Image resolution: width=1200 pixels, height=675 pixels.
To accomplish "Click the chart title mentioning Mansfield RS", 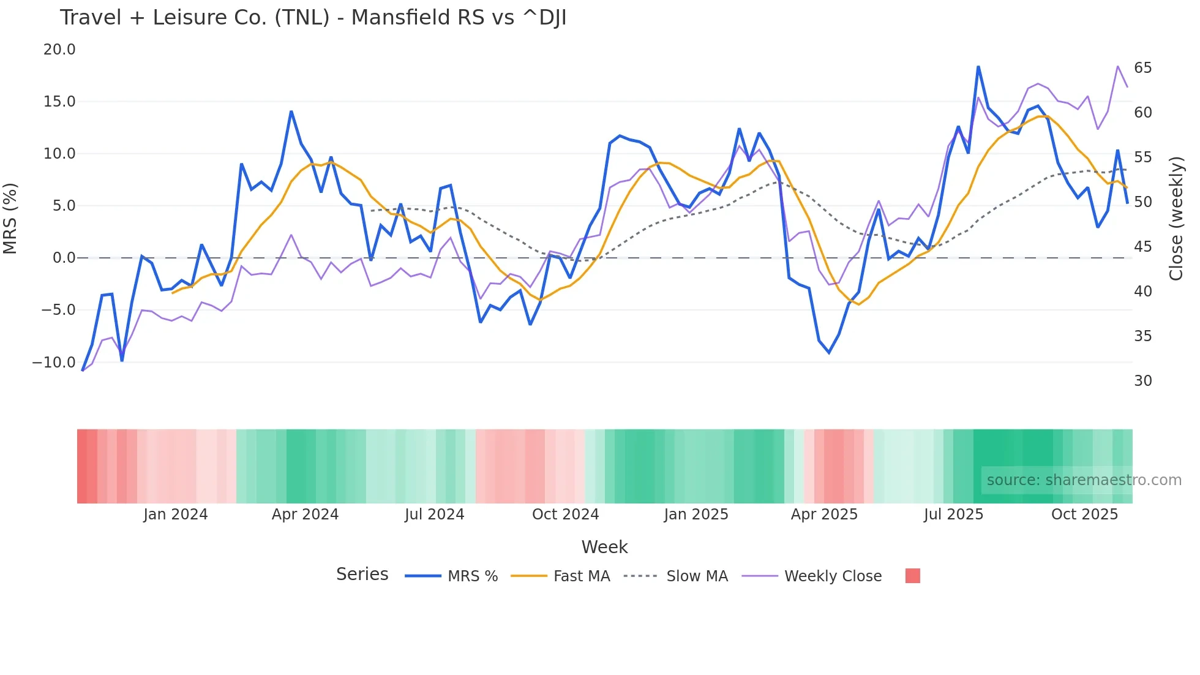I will pyautogui.click(x=313, y=18).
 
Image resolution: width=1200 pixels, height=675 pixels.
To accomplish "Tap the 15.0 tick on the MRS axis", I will pyautogui.click(x=59, y=102).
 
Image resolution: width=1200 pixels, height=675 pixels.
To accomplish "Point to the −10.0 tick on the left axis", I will pyautogui.click(x=54, y=362).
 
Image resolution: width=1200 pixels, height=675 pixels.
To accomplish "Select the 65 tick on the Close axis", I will pyautogui.click(x=1142, y=68).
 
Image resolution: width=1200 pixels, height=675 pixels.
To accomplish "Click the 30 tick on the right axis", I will pyautogui.click(x=1142, y=381).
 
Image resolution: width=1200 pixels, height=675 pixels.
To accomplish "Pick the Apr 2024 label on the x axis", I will pyautogui.click(x=305, y=515).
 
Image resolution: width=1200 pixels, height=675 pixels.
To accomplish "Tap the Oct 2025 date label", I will pyautogui.click(x=1084, y=515).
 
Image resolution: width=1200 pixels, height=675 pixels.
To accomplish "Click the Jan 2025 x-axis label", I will pyautogui.click(x=696, y=515).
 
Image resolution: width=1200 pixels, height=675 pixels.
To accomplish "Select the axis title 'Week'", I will pyautogui.click(x=604, y=547).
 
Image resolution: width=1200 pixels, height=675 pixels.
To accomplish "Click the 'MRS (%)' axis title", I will pyautogui.click(x=10, y=218).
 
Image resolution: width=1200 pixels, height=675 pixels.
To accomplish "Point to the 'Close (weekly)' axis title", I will pyautogui.click(x=1176, y=219).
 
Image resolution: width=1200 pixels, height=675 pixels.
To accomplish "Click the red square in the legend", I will pyautogui.click(x=912, y=576).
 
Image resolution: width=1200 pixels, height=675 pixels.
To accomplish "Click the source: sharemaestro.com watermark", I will pyautogui.click(x=1084, y=480).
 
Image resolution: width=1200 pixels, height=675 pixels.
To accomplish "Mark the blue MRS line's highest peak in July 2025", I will pyautogui.click(x=978, y=67).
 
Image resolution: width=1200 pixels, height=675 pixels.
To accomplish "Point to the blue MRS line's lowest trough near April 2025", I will pyautogui.click(x=829, y=353).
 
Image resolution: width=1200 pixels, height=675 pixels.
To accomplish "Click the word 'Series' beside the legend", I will pyautogui.click(x=362, y=575).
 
